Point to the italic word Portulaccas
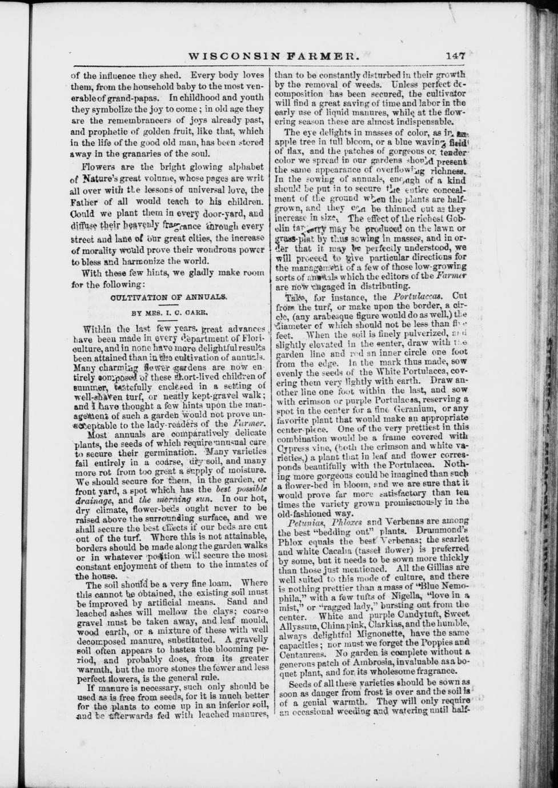pos(415,297)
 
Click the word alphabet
pos(243,167)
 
